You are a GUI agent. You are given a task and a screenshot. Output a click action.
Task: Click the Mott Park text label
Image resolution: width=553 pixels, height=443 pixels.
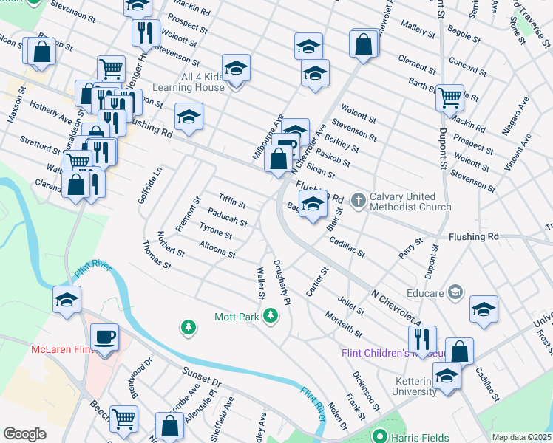pyautogui.click(x=234, y=316)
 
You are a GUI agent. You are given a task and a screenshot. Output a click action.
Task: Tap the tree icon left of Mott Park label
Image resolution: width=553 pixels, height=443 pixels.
pyautogui.click(x=189, y=326)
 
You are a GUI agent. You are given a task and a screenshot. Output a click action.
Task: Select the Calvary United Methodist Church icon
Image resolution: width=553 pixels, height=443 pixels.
pyautogui.click(x=359, y=199)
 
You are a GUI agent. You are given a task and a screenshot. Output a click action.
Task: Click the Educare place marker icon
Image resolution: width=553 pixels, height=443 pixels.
pyautogui.click(x=454, y=293)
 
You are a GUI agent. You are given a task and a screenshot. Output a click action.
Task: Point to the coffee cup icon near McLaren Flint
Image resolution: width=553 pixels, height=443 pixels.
pyautogui.click(x=106, y=337)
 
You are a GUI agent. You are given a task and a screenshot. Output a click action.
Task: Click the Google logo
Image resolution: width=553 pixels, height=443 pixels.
pyautogui.click(x=25, y=434)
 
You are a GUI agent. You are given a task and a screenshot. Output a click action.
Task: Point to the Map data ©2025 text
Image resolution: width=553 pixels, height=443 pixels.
pyautogui.click(x=521, y=437)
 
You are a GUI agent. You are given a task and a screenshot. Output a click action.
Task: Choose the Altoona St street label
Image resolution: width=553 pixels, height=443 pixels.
pyautogui.click(x=217, y=249)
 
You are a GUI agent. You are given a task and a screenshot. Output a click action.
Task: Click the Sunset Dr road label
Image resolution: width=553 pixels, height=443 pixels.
pyautogui.click(x=206, y=383)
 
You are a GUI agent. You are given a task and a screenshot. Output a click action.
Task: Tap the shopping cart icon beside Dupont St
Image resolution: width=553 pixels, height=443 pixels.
pyautogui.click(x=449, y=97)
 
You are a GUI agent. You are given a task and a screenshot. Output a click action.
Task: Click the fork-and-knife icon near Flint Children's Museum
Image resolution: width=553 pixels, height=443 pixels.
pyautogui.click(x=422, y=338)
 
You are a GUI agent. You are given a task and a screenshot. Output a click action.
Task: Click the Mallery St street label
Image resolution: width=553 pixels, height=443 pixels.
pyautogui.click(x=418, y=30)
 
